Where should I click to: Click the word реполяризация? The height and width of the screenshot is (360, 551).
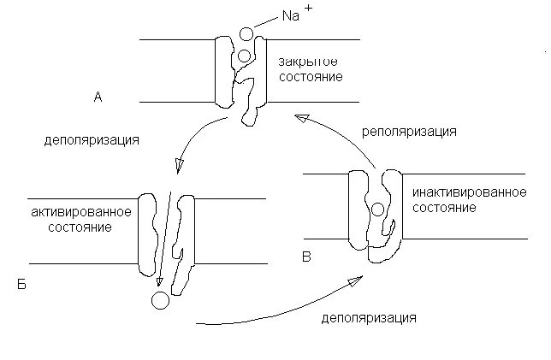pos(408,133)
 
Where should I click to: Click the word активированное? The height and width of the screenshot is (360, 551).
pos(80,212)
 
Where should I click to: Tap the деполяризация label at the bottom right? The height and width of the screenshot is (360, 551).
pos(370,319)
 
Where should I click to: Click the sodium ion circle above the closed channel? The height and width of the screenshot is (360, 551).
pos(246,35)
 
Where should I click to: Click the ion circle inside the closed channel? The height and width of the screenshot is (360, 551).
pos(244,56)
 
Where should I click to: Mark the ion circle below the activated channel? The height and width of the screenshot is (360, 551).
pos(158,300)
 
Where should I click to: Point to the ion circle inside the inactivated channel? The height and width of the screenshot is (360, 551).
pos(376,209)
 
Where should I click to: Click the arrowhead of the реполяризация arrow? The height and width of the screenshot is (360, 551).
pos(299,118)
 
